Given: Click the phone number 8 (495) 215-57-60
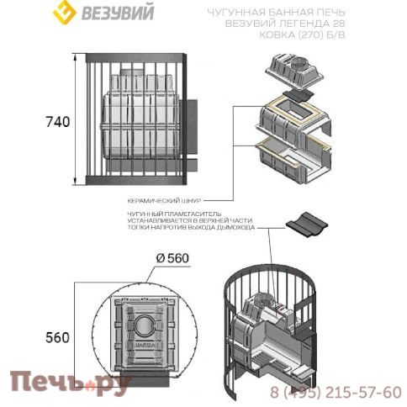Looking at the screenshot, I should tap(336, 393).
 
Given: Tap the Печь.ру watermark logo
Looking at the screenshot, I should tap(69, 384).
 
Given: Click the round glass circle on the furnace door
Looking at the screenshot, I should tap(142, 327).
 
